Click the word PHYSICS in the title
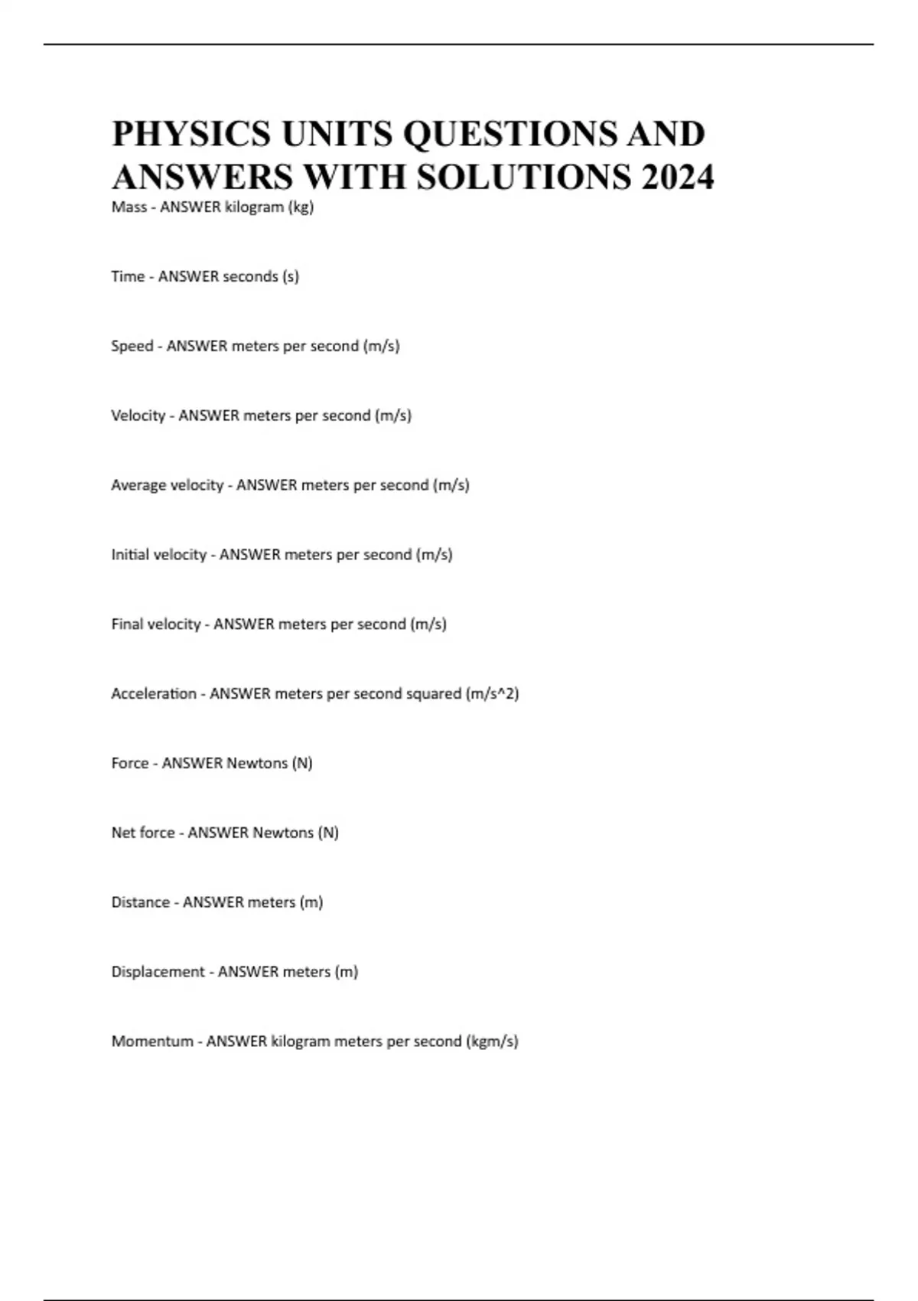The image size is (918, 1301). pyautogui.click(x=191, y=134)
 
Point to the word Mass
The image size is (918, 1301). pyautogui.click(x=129, y=207)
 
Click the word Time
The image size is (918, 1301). pyautogui.click(x=128, y=276)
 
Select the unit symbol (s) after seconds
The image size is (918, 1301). pyautogui.click(x=291, y=277)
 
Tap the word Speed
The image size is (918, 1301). pyautogui.click(x=132, y=346)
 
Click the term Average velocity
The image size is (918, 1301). pyautogui.click(x=167, y=485)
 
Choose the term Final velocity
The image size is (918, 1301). pyautogui.click(x=155, y=624)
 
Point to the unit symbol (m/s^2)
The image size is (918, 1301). pyautogui.click(x=492, y=694)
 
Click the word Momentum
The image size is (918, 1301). pyautogui.click(x=152, y=1042)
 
